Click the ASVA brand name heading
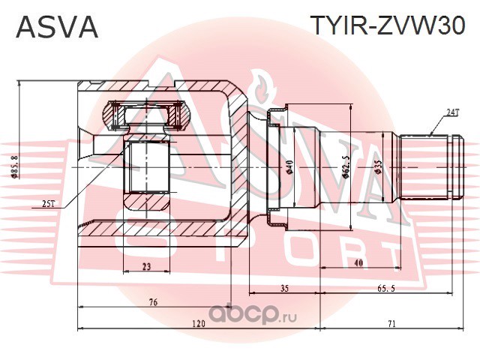point(57,27)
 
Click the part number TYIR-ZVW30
point(388,25)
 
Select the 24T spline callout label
point(452,113)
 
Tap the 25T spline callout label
point(49,204)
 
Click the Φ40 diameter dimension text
point(289,166)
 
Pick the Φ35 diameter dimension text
point(379,167)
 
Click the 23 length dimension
point(147,267)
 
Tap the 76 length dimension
point(154,302)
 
